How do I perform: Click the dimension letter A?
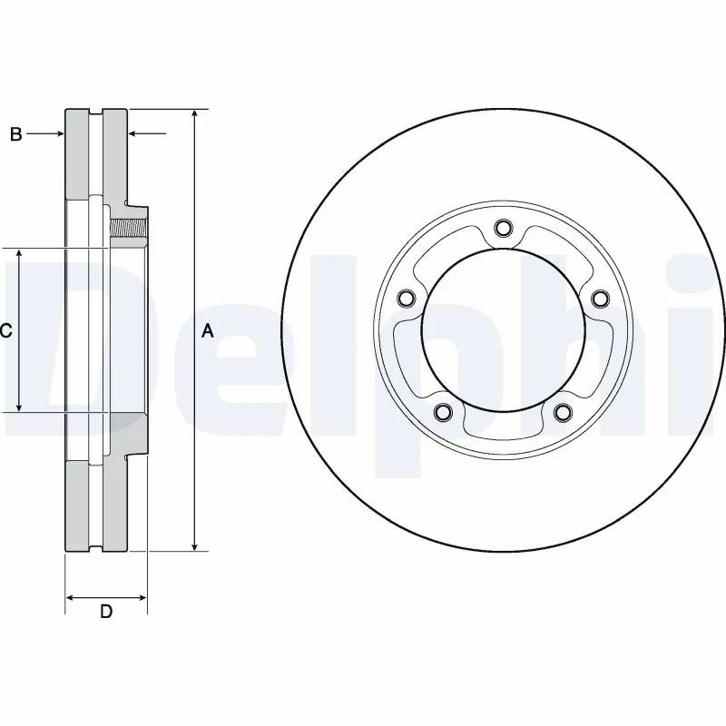(207, 331)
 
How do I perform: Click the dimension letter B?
(15, 134)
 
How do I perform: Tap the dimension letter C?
(5, 331)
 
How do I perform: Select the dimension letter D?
(106, 612)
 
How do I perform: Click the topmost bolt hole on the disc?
(503, 230)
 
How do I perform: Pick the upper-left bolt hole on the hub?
(406, 297)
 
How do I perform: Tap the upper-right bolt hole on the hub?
(599, 297)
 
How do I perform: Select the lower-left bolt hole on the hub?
(443, 414)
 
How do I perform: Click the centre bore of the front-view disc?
(503, 331)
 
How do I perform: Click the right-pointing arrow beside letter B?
(60, 134)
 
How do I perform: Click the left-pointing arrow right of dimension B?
(133, 134)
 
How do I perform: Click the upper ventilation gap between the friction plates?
(96, 150)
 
